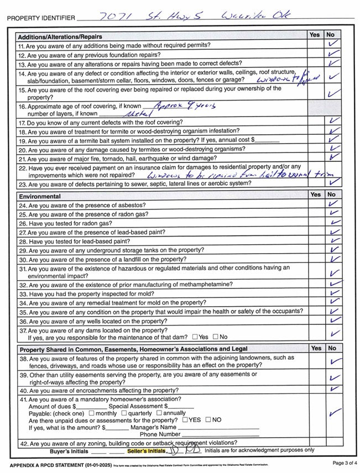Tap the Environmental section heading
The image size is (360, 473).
40,196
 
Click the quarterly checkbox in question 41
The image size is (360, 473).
124,413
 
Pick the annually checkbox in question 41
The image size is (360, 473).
159,413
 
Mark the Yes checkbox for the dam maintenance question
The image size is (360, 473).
195,337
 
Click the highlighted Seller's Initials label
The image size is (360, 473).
146,451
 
